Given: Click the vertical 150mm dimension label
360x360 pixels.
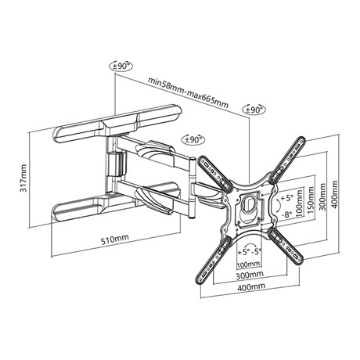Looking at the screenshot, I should (312, 201).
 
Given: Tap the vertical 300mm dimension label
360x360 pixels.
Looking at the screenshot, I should (322, 197).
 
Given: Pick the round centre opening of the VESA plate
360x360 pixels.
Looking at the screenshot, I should (248, 204).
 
